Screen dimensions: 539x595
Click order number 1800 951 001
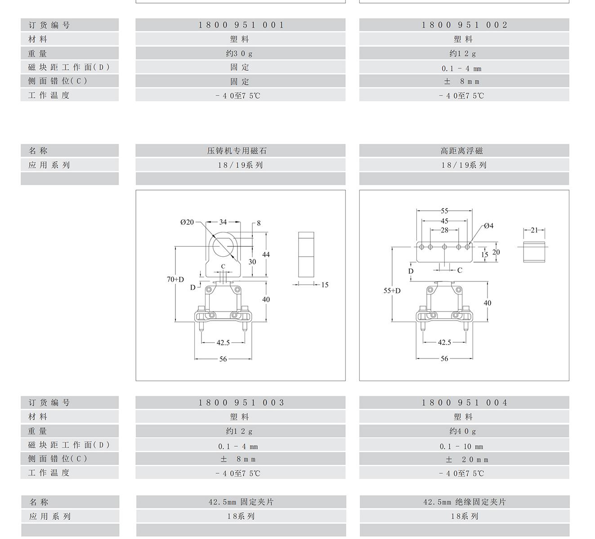click(241, 25)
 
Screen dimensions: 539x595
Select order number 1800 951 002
click(464, 25)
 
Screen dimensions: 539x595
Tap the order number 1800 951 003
click(241, 403)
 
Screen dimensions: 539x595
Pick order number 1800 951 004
click(464, 403)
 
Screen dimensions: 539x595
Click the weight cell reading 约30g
click(239, 54)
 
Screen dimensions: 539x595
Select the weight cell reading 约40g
click(463, 431)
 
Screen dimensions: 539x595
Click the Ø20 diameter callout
click(187, 222)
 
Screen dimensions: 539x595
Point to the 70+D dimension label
click(175, 280)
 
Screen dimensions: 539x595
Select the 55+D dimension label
click(392, 291)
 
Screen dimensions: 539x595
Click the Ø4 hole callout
click(488, 226)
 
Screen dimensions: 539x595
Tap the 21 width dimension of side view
click(534, 230)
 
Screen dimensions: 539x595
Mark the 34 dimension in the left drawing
click(223, 222)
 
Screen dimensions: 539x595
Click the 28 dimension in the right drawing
click(444, 230)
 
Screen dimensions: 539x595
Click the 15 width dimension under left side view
click(325, 285)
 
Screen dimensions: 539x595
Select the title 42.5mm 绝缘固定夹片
click(464, 502)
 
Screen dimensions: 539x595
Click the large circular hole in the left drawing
click(224, 246)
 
